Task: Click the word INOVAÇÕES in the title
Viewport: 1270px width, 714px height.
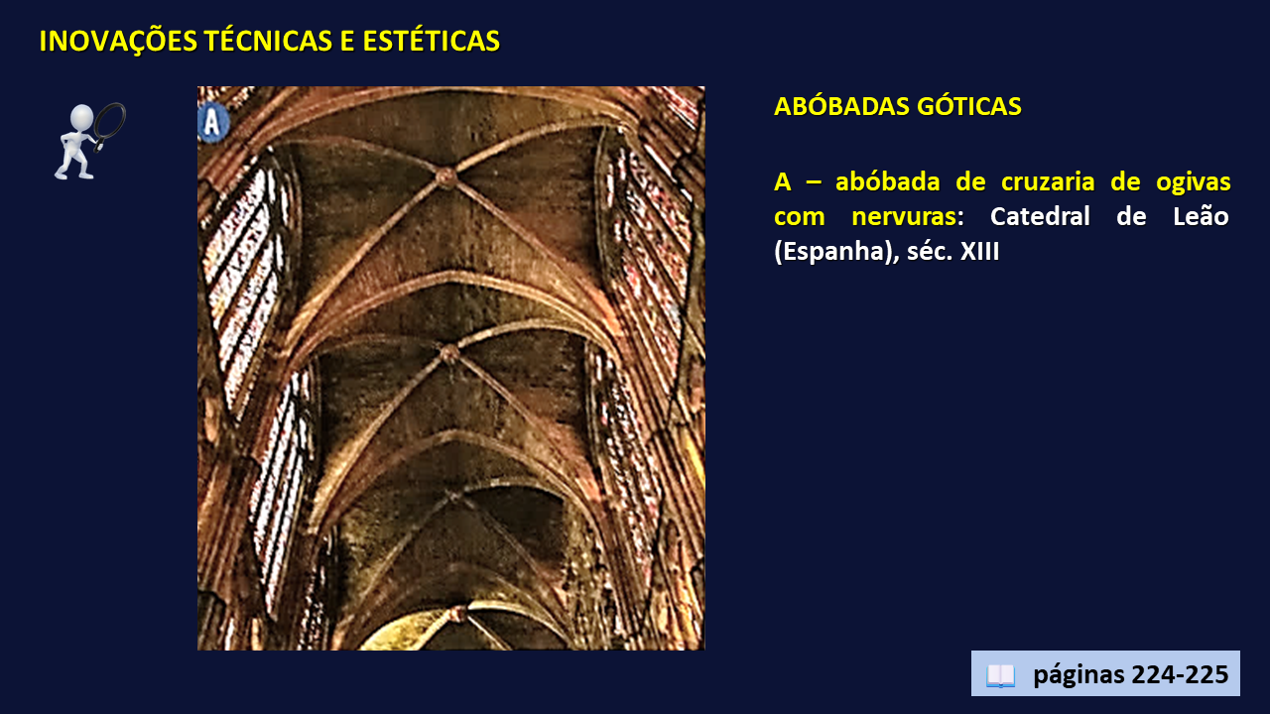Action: (x=118, y=42)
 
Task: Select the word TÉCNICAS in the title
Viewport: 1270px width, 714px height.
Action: (x=268, y=42)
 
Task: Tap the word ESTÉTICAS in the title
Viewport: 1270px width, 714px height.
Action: (x=431, y=42)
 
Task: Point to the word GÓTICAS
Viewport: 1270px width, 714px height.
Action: (x=969, y=106)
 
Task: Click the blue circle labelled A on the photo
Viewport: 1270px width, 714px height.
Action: (x=212, y=122)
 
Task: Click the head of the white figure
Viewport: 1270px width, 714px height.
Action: (x=81, y=116)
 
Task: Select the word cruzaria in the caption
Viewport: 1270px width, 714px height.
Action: (x=1048, y=181)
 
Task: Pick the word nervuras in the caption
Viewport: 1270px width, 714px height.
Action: (x=904, y=217)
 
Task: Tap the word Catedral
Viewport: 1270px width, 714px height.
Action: (x=1040, y=216)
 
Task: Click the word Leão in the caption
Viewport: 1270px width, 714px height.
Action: (x=1201, y=216)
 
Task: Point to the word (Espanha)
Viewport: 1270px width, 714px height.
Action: (x=836, y=252)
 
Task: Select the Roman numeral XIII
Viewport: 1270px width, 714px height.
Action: (x=979, y=251)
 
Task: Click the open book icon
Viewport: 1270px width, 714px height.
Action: (x=1001, y=675)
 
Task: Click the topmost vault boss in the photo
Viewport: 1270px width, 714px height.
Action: (x=446, y=177)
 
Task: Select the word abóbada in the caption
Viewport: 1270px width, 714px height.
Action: (x=887, y=181)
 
